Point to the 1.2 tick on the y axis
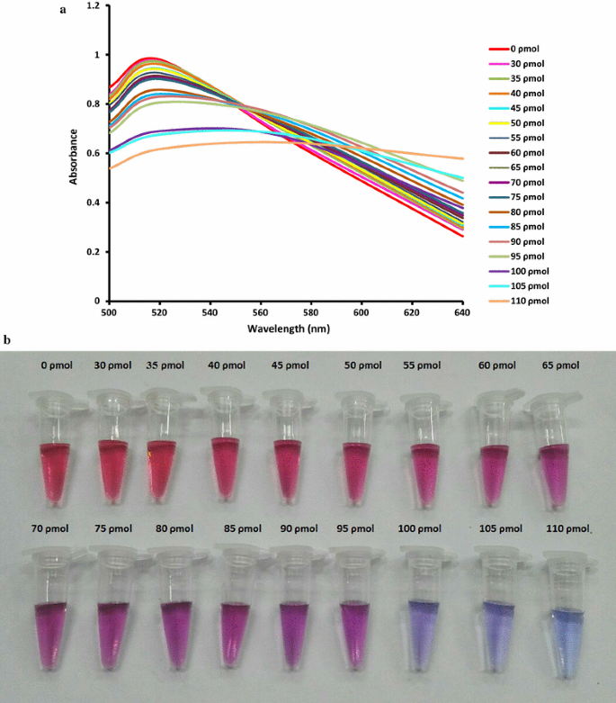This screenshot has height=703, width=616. click(94, 6)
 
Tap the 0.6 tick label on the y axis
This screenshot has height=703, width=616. click(94, 153)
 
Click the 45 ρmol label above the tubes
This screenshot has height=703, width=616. click(290, 365)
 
